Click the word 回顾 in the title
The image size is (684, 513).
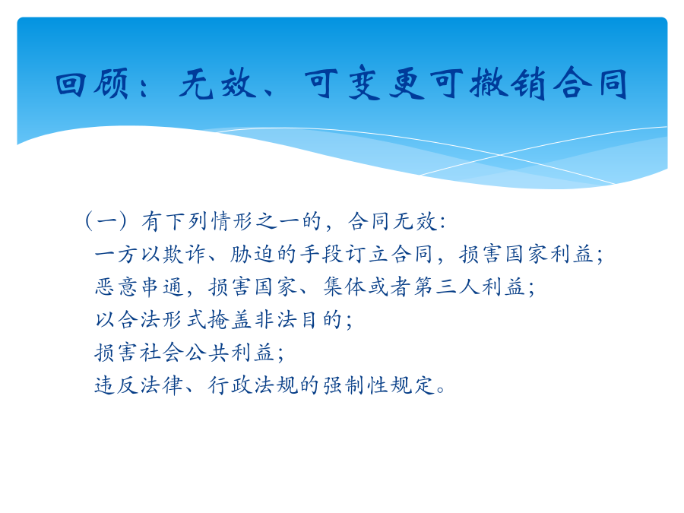click(93, 84)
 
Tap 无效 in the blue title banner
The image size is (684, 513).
click(217, 84)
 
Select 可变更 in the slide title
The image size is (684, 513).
click(365, 84)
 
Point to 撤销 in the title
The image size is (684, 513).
click(508, 84)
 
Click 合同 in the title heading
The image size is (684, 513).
click(590, 84)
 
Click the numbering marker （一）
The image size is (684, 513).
click(106, 220)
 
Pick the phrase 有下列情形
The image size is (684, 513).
click(197, 220)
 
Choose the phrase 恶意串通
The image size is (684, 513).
click(139, 287)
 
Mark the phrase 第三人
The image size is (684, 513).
click(447, 287)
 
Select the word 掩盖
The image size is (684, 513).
click(230, 320)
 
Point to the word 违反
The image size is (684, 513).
click(116, 385)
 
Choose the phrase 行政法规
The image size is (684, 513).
click(253, 385)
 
